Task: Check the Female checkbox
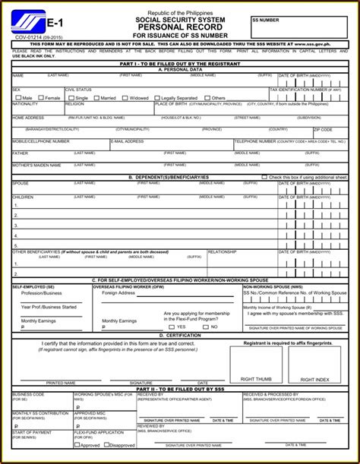40,97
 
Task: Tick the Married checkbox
96,97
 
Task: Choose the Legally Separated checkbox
157,97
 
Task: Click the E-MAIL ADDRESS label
128,141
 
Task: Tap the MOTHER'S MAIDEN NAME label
36,165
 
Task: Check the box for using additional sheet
264,177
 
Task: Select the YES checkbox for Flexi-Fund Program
172,327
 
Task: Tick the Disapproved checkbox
106,445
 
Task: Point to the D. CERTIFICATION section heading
180,334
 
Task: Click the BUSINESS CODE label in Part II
28,395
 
